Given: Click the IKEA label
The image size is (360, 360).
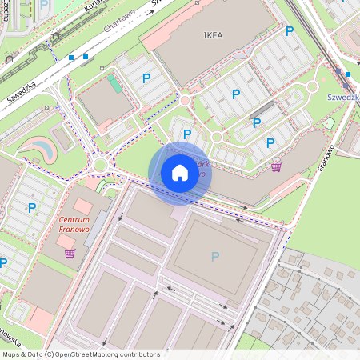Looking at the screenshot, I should pyautogui.click(x=214, y=35).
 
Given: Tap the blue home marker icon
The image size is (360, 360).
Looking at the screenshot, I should pyautogui.click(x=180, y=173).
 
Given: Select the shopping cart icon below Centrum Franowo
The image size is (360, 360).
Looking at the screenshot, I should pyautogui.click(x=70, y=254).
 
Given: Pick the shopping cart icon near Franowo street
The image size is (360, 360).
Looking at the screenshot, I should pyautogui.click(x=277, y=167).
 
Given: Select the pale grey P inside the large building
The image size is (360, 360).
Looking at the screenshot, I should pyautogui.click(x=214, y=256).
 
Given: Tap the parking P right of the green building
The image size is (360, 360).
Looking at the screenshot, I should pyautogui.click(x=146, y=78).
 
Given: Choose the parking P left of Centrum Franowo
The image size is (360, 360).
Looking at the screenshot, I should pyautogui.click(x=32, y=208).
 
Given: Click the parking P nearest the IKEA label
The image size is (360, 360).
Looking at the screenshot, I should pyautogui.click(x=290, y=31).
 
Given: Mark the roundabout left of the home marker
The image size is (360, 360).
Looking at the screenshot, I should pyautogui.click(x=100, y=165).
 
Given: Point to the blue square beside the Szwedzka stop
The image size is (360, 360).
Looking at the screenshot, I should pyautogui.click(x=348, y=74).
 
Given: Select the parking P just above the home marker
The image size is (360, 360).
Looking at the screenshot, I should pyautogui.click(x=187, y=134).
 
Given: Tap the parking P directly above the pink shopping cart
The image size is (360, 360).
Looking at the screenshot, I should pyautogui.click(x=270, y=143).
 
